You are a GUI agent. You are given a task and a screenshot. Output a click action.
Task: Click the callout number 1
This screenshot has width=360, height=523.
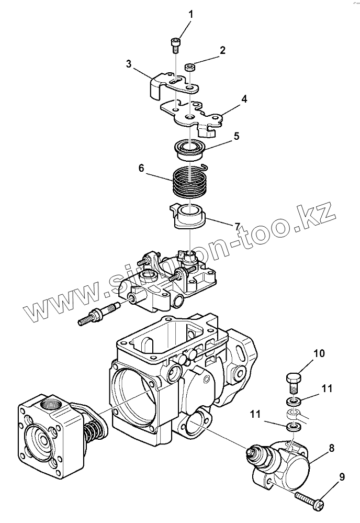pos(190,14)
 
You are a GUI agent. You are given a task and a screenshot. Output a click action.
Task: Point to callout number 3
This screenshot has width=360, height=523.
pos(128,64)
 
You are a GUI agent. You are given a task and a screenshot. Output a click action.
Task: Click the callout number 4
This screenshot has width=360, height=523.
pos(244,98)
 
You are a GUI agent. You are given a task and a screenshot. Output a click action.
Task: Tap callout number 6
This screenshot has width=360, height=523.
pos(141,169)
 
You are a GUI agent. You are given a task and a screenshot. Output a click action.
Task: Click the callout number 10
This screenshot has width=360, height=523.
pos(319,353)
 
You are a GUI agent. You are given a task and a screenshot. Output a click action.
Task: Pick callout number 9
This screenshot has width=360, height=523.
pos(342,477)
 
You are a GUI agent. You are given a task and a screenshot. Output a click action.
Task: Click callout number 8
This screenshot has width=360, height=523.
pos(332,448)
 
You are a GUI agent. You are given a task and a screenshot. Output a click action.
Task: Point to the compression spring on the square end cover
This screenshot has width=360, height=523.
pos(96,436)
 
